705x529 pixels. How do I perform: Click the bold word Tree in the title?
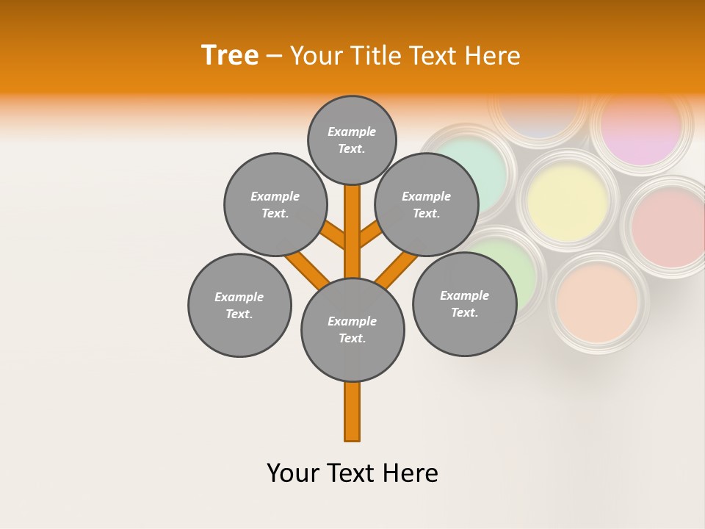coord(230,56)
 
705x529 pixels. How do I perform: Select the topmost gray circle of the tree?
coord(352,140)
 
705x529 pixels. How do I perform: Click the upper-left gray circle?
coord(275,205)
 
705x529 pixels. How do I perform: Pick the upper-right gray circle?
coord(427,205)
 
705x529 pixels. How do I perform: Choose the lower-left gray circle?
coord(239,306)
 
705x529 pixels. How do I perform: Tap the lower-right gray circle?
coord(464,304)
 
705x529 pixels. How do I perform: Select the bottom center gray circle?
coord(352,330)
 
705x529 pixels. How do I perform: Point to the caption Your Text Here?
coord(352,473)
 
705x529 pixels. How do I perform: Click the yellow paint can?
coord(568,198)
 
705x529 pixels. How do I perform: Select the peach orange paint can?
coord(597,302)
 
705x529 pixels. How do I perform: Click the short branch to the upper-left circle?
coord(333,236)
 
